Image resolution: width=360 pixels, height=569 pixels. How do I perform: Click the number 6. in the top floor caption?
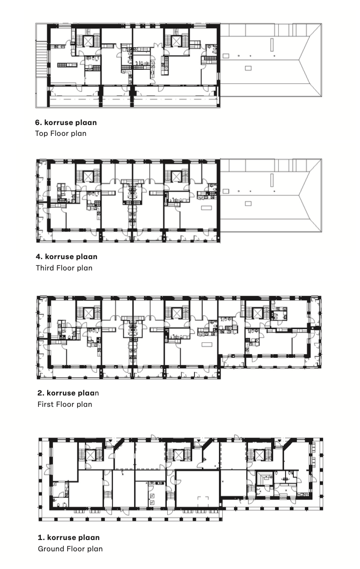point(39,122)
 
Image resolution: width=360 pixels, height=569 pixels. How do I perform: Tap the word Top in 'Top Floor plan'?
point(41,134)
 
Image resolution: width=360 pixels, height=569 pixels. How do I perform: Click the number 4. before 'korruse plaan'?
point(39,256)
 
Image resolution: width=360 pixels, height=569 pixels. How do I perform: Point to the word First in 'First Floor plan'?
point(45,404)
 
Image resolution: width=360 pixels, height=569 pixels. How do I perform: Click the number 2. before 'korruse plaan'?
point(41,393)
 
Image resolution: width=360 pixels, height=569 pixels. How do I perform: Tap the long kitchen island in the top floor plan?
point(67,65)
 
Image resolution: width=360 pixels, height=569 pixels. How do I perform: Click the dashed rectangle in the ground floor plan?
point(203,504)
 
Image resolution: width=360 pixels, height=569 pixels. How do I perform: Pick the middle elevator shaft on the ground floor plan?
point(179,454)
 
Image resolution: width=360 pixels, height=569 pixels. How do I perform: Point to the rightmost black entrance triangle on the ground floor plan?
point(279,441)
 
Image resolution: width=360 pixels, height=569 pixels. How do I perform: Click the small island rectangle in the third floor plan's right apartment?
point(206,208)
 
